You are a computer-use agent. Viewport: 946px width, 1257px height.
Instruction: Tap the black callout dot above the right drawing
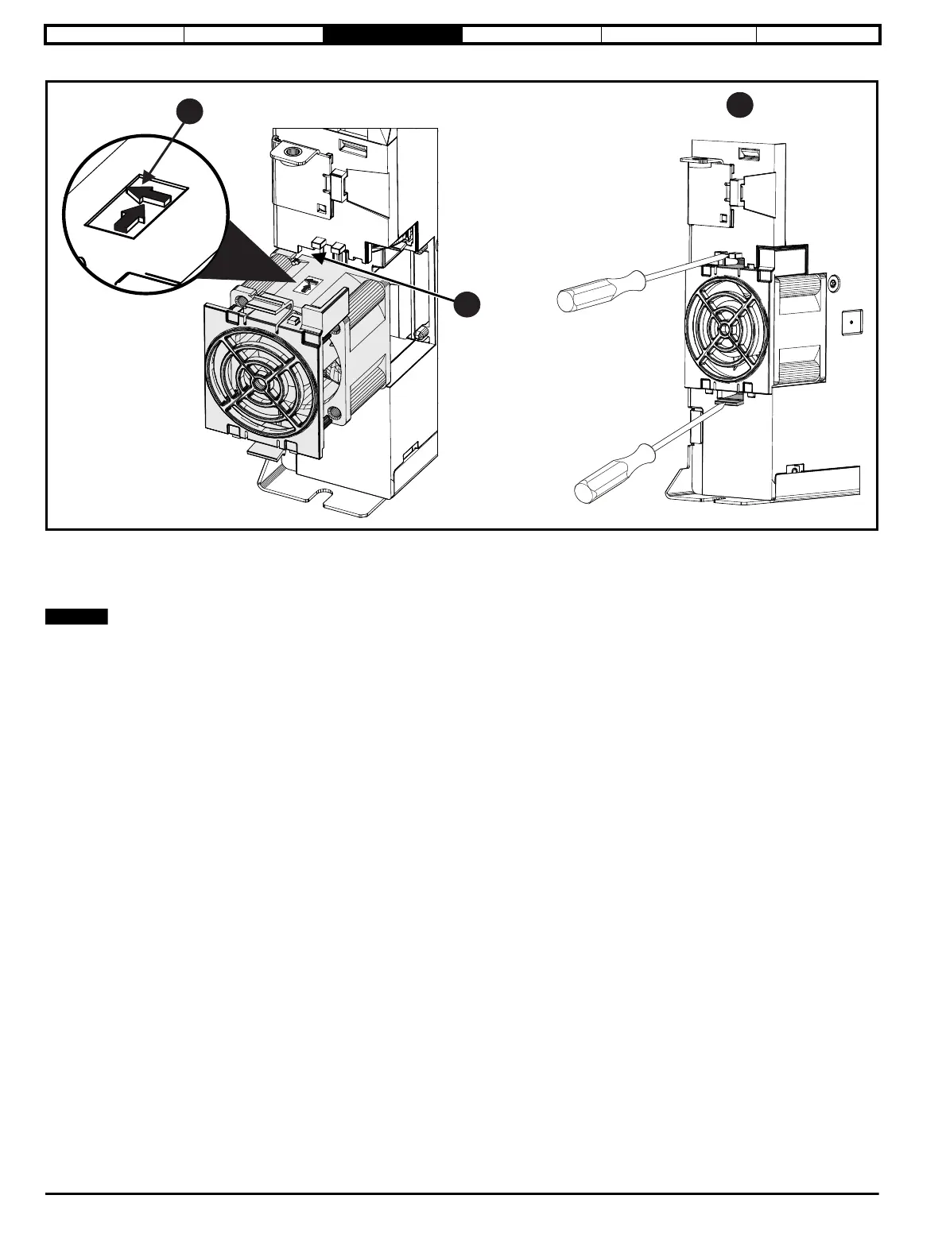point(740,105)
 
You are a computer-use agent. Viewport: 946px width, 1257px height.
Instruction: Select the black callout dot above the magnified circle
point(188,112)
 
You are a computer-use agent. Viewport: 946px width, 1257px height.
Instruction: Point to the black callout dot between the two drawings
point(467,304)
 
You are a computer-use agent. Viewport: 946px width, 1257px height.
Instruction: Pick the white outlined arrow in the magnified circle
point(151,192)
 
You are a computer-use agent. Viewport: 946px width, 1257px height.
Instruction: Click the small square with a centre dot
point(851,322)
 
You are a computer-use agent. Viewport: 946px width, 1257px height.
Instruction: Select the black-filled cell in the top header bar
point(393,35)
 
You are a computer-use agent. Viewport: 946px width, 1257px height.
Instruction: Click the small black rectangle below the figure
point(76,617)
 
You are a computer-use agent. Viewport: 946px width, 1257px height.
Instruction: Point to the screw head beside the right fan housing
point(832,283)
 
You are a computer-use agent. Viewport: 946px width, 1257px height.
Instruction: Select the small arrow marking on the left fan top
point(308,280)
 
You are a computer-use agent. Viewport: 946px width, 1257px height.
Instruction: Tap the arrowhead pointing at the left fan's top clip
point(316,257)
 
